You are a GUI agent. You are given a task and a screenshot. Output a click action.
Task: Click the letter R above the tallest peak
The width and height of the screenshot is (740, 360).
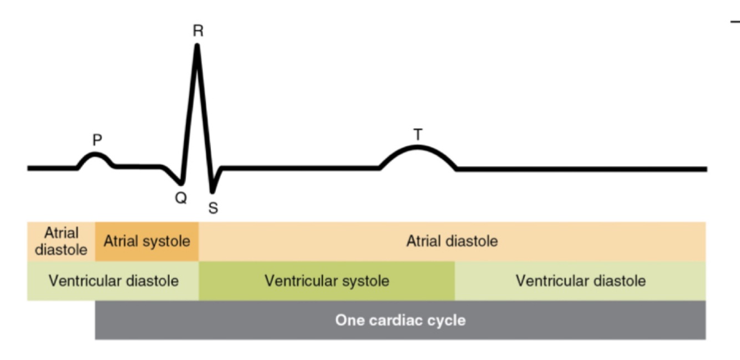coord(198,31)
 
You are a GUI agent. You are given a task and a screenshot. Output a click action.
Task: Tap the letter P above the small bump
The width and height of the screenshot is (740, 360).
coord(97,140)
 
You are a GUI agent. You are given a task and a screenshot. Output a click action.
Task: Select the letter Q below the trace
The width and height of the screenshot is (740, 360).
coord(181,198)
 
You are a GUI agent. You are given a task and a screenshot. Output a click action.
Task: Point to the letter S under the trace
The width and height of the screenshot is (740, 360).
coord(214,208)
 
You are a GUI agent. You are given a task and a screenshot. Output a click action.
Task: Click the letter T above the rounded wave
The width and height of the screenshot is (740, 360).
coord(417,134)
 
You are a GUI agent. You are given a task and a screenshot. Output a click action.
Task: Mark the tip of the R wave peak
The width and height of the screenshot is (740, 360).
coord(197,45)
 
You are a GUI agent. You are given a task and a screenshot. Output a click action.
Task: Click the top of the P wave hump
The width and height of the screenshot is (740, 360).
coord(96,155)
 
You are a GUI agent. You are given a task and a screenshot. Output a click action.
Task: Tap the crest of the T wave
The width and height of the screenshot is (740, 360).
coord(417,147)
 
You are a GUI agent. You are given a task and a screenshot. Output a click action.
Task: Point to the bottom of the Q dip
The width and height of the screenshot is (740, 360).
coord(180,183)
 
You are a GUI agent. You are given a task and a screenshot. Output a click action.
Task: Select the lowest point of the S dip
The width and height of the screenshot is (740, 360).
coord(212,191)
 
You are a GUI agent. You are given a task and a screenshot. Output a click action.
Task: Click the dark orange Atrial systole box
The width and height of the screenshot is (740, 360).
coord(147,242)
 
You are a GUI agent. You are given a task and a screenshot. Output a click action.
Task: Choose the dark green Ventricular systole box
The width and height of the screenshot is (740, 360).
coord(327,281)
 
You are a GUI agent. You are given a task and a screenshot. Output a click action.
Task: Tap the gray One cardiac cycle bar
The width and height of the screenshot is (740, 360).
coord(400,320)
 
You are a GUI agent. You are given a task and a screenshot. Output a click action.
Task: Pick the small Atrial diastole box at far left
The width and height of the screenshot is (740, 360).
coord(61,242)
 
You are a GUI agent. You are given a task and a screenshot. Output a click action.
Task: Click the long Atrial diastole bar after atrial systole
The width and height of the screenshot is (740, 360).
coord(452,242)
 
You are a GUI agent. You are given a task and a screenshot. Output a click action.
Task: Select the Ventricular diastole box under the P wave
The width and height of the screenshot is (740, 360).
coord(113,281)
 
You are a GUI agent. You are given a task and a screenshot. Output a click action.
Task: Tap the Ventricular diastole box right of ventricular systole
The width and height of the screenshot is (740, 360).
coord(580,281)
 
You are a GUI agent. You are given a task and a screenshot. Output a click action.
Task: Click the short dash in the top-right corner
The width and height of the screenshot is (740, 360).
coord(735,22)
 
